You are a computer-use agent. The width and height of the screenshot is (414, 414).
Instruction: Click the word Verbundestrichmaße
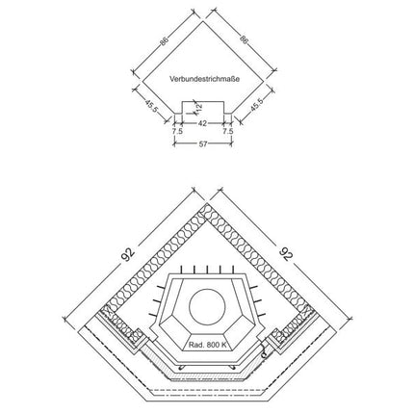204,79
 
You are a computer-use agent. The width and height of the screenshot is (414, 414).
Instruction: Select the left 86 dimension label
164,41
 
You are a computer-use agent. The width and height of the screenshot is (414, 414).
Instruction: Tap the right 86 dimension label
245,39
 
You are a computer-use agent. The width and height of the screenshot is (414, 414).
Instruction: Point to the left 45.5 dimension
151,106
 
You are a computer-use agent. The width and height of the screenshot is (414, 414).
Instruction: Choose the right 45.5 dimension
257,104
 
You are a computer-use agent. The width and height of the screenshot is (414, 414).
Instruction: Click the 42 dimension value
203,123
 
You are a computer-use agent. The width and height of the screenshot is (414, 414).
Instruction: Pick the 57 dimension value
203,144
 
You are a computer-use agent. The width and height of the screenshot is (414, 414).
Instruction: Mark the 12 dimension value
198,107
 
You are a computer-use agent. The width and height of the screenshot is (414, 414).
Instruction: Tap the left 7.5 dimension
177,131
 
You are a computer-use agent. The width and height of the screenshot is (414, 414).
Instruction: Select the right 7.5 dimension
228,131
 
